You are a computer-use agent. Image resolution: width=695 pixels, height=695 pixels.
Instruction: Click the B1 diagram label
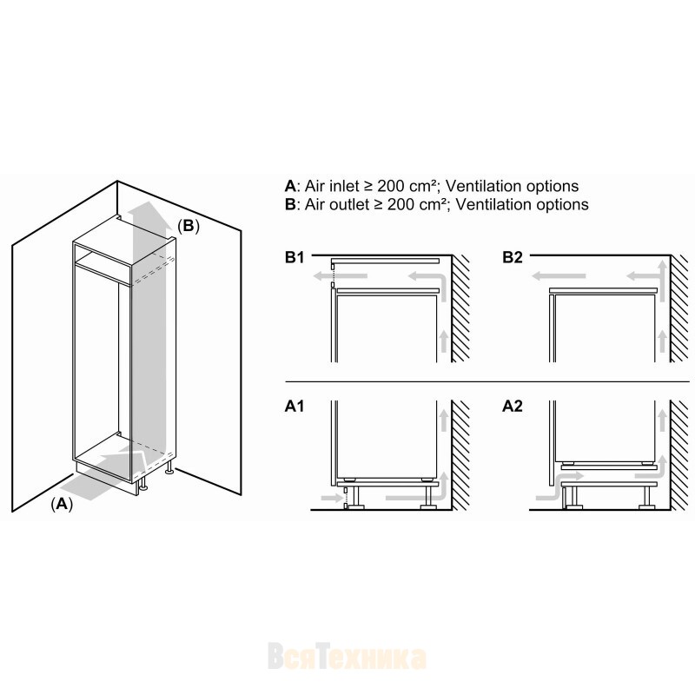[295, 257]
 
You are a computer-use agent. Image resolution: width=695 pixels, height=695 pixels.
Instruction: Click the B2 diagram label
[513, 257]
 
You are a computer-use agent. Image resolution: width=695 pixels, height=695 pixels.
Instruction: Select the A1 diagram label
[295, 406]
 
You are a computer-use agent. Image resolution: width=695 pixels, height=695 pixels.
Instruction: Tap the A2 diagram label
[513, 406]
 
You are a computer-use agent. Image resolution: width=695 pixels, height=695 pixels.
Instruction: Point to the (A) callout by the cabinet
[62, 504]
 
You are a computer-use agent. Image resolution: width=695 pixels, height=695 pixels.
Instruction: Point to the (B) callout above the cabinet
[189, 226]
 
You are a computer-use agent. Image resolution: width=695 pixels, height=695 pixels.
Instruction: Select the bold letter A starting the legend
[290, 186]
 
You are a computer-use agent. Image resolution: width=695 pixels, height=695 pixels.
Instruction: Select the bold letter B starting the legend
[290, 204]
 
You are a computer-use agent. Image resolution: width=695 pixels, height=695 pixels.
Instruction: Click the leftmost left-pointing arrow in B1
[340, 276]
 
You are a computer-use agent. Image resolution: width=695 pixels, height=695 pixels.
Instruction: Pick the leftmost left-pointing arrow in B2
[559, 276]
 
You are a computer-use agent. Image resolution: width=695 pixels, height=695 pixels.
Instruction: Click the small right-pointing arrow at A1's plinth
[331, 498]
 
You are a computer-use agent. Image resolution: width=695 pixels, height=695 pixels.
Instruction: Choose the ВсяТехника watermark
[347, 658]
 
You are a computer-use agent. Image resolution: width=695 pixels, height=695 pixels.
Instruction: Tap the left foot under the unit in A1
[355, 506]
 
